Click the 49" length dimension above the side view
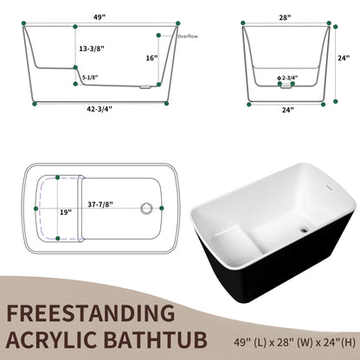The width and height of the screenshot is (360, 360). pos(101,15)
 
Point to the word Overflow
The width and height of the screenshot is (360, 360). pos(188,37)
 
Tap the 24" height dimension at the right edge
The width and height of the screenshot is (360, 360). pos(344,58)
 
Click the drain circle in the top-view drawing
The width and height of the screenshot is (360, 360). pos(147,208)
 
